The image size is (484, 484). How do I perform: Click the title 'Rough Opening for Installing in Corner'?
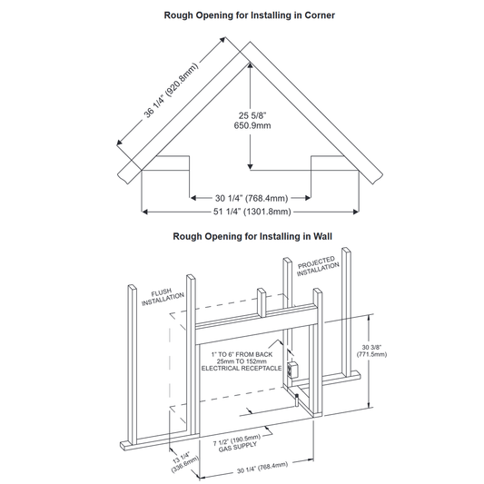point(249,15)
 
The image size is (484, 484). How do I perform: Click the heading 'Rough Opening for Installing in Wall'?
point(252,236)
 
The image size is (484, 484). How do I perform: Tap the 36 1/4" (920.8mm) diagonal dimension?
point(171,91)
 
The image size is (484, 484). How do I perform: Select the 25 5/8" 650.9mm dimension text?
point(252,121)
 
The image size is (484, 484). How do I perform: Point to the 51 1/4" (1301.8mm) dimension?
point(252,212)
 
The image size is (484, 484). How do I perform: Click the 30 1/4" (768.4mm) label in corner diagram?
point(252,198)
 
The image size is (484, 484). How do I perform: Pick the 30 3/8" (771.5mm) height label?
point(371,351)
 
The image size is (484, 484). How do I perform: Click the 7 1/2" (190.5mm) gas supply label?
point(237,443)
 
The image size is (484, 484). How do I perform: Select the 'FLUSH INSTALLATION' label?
point(163,297)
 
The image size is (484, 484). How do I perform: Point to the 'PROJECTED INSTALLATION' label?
point(318,266)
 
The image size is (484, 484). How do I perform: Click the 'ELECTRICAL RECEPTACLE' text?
point(242,369)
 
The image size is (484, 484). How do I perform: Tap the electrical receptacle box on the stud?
point(291,370)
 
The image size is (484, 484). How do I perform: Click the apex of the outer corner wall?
point(250,42)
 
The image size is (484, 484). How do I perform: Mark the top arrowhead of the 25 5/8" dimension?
point(250,65)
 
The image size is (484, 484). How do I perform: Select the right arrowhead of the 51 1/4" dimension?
point(356,212)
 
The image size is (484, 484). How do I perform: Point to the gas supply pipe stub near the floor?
point(297,400)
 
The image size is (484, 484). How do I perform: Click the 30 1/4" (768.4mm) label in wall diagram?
point(262,468)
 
